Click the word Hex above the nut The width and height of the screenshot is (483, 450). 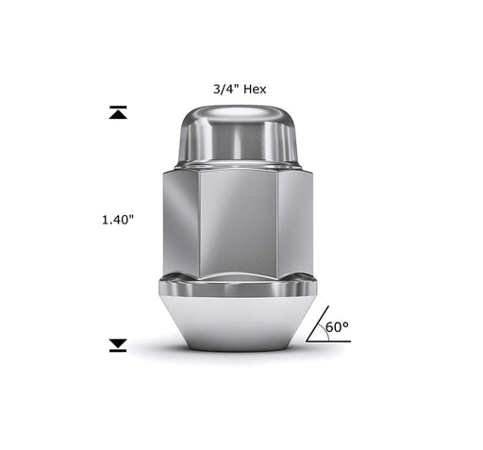click(x=255, y=89)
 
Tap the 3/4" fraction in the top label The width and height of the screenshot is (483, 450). click(x=227, y=89)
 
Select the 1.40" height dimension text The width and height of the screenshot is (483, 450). click(x=118, y=219)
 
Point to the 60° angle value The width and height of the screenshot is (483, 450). click(x=337, y=327)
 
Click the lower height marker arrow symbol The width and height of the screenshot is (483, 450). click(x=118, y=345)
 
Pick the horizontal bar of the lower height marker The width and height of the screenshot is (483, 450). click(x=118, y=351)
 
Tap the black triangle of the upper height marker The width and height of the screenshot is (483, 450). click(x=118, y=115)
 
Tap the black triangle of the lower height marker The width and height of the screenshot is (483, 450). click(x=118, y=343)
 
